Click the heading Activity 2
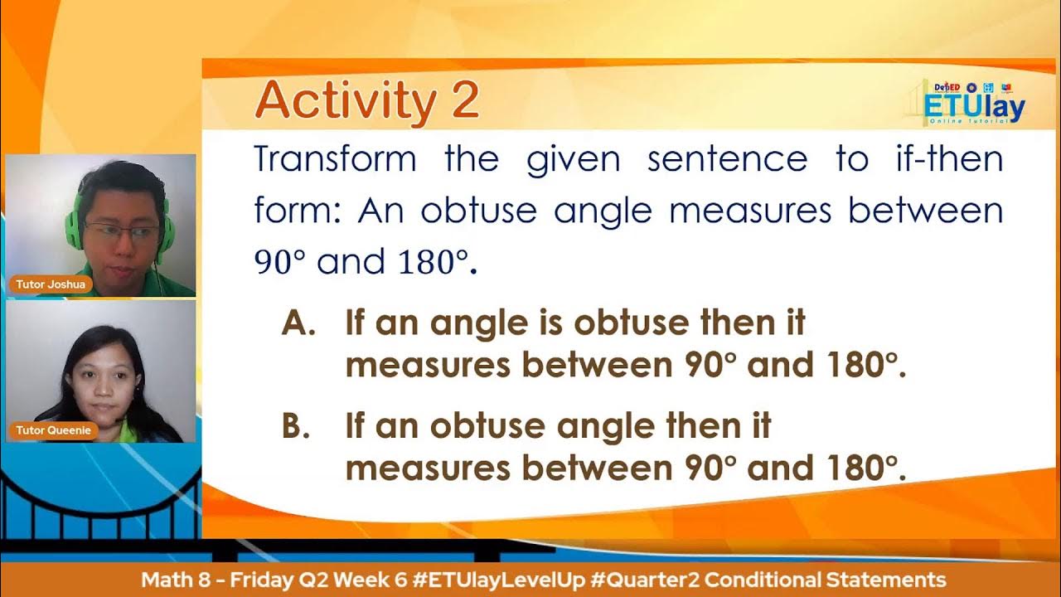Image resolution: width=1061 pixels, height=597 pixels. [x=366, y=101]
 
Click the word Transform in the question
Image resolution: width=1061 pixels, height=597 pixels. [x=335, y=158]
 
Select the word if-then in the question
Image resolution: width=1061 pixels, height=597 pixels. [x=949, y=158]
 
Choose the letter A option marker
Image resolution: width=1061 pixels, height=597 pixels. [x=298, y=323]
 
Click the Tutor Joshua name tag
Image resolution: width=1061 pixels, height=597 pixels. [x=51, y=284]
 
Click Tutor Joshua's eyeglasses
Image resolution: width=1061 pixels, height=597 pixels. [x=121, y=232]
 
